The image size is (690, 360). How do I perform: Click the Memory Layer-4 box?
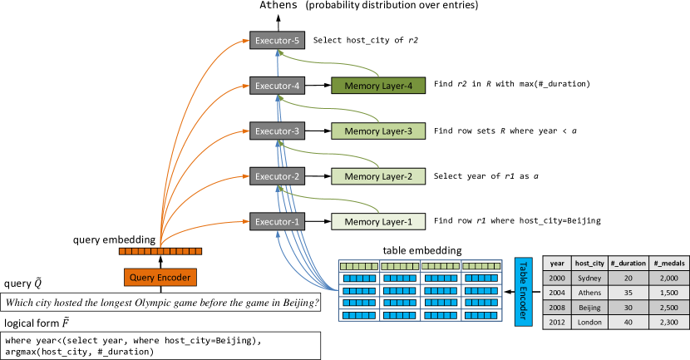pyautogui.click(x=378, y=85)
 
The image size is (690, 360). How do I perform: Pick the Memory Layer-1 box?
pyautogui.click(x=378, y=221)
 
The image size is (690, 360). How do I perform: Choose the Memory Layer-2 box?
pyautogui.click(x=378, y=176)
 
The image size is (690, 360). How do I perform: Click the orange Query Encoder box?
pyautogui.click(x=160, y=277)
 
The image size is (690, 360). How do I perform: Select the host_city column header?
pyautogui.click(x=589, y=264)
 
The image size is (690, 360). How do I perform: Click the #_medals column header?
pyautogui.click(x=669, y=264)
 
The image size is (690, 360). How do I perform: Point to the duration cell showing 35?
pyautogui.click(x=628, y=293)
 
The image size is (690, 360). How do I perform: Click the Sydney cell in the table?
pyautogui.click(x=589, y=279)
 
